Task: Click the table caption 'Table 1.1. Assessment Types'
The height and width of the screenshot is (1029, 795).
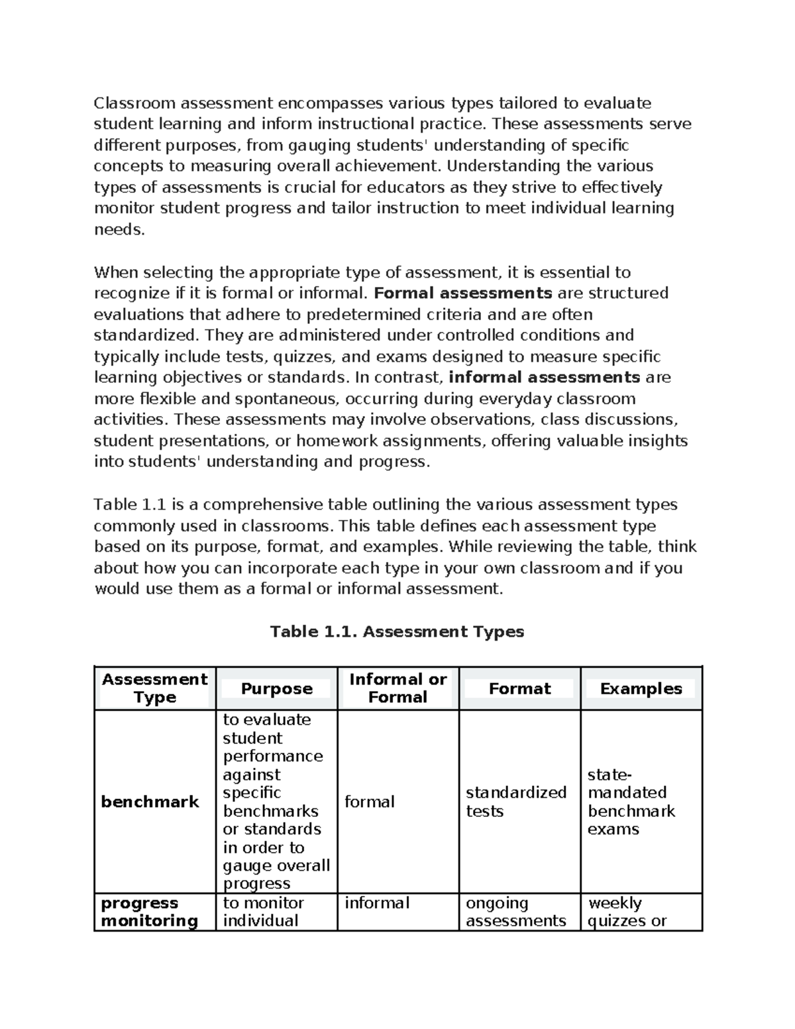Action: [397, 631]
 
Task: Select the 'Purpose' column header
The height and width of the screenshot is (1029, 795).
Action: [276, 688]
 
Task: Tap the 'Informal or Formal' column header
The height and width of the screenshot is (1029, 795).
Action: [397, 688]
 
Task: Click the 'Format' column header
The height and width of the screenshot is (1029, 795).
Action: [519, 688]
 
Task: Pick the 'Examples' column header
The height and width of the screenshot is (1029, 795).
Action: [641, 688]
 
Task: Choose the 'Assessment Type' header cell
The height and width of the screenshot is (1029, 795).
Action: [154, 688]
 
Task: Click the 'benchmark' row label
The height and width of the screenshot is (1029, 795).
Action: [150, 802]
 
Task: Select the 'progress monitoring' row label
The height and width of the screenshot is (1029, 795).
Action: [149, 912]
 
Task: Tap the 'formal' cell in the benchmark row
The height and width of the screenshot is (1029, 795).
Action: [369, 802]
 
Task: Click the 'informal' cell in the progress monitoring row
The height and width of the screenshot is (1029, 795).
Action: [376, 903]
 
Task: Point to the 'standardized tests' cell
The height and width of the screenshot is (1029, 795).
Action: [515, 802]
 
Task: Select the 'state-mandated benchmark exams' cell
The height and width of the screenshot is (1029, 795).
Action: [631, 802]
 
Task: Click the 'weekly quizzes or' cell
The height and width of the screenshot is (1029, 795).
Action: [626, 912]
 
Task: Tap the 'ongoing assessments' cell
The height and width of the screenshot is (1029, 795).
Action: [515, 912]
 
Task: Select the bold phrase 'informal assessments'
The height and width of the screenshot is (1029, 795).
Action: [544, 378]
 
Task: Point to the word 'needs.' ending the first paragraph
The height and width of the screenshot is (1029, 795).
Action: [119, 230]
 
